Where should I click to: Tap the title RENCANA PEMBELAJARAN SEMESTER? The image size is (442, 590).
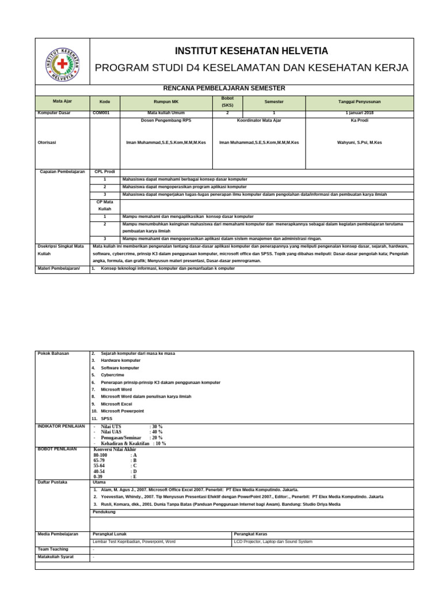224,88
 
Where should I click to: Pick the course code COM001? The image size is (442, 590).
101,113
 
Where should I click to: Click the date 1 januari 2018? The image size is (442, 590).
359,113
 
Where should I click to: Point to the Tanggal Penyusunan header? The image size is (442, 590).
359,101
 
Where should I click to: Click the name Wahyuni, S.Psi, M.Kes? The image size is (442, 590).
359,142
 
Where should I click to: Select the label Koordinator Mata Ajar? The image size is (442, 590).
258,120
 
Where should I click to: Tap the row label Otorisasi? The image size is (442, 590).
48,142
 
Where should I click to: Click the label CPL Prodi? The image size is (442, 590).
105,172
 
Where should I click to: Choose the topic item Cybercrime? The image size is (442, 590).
112,375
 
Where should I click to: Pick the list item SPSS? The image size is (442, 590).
107,418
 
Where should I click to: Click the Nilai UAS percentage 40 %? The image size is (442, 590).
156,432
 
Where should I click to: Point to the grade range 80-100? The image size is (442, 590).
100,455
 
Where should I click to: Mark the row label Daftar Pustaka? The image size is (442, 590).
52,482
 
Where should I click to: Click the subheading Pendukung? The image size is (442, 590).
104,512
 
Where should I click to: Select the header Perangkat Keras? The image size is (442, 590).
251,534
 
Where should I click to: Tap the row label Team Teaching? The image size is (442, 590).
53,549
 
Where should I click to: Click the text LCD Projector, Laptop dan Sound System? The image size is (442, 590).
273,542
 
